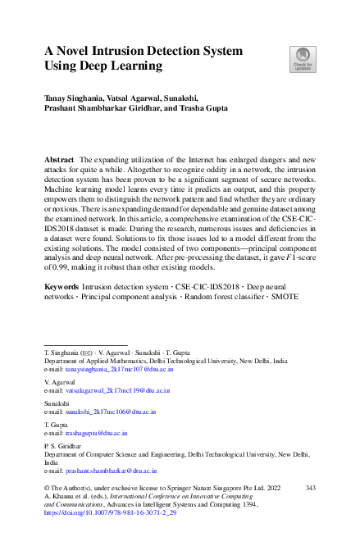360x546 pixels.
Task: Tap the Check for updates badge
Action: [x=302, y=57]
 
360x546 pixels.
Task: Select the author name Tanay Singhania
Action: [x=78, y=98]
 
